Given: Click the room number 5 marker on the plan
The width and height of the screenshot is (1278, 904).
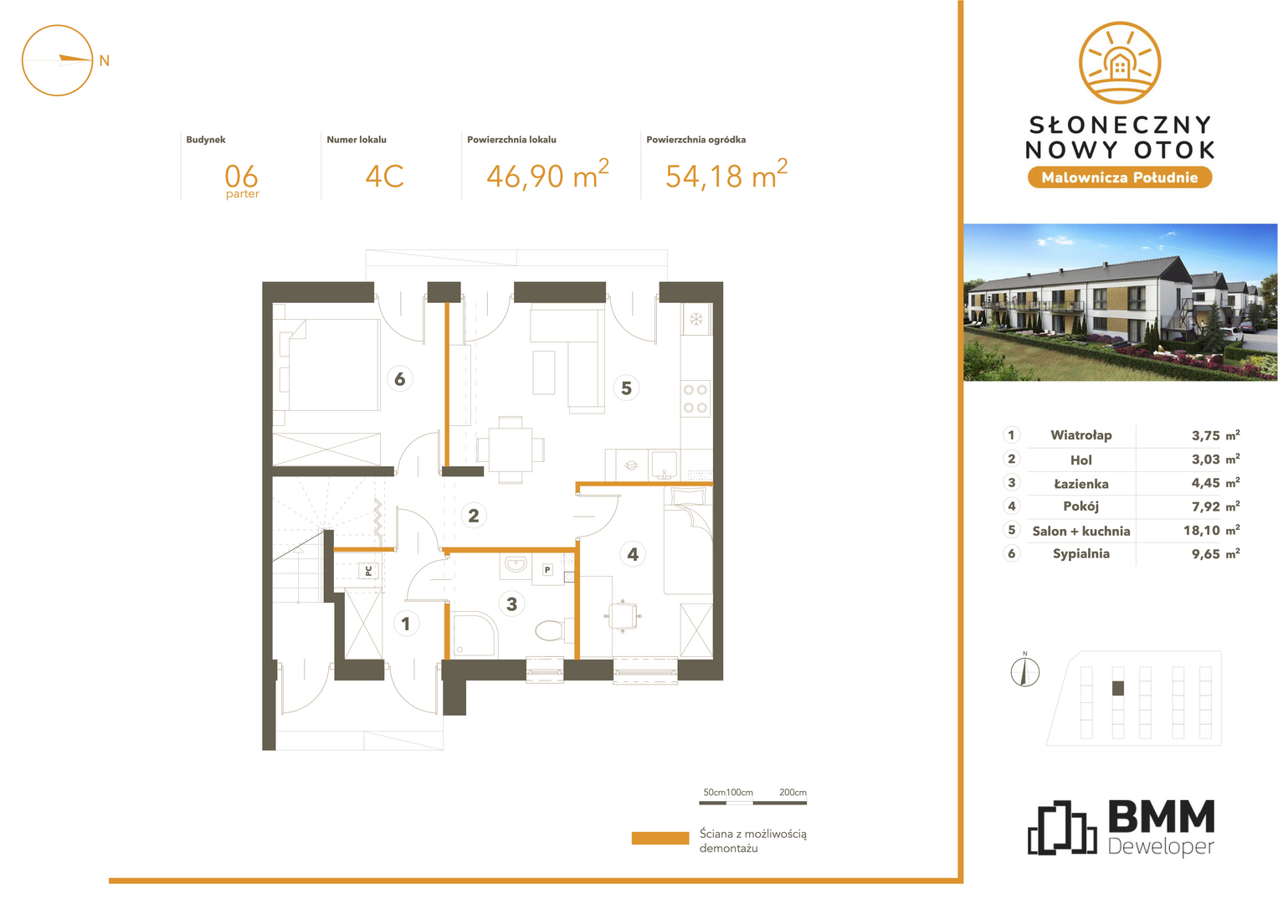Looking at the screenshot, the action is pos(626,388).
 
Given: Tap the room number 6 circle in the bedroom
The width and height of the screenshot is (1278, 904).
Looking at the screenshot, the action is pos(399,378).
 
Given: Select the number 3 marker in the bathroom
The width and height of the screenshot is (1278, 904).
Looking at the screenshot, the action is pos(511,604).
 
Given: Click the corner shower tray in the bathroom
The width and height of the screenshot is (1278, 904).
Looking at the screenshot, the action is pos(475,634).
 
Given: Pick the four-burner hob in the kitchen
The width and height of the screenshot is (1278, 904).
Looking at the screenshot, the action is pos(695,398).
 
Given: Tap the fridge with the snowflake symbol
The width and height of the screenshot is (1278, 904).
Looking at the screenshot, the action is pos(696,319).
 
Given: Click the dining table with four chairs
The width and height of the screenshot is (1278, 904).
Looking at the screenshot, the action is pos(510,449).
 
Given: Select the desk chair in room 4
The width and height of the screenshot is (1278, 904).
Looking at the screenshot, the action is pos(623,616).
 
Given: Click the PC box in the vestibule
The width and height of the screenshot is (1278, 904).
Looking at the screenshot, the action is pos(368,570).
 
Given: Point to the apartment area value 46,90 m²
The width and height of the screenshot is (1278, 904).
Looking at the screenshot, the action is pos(547,175).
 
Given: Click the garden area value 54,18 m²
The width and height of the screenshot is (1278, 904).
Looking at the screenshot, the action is pos(726,175).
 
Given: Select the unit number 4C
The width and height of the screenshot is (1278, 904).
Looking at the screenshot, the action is pos(384,176).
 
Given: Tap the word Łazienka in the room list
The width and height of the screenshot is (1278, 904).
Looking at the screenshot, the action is pos(1080,484).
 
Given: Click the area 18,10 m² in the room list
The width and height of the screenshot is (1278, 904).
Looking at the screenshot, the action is pos(1211,530).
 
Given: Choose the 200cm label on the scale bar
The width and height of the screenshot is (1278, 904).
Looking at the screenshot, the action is pos(793,792).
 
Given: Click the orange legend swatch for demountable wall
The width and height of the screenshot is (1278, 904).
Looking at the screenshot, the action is pos(660,838).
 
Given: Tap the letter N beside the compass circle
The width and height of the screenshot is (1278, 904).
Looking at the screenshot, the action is pos(105,60).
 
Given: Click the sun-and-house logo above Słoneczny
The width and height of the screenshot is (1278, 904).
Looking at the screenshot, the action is pos(1119,63).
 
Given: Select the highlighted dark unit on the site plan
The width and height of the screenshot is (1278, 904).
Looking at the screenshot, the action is pos(1118,688).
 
